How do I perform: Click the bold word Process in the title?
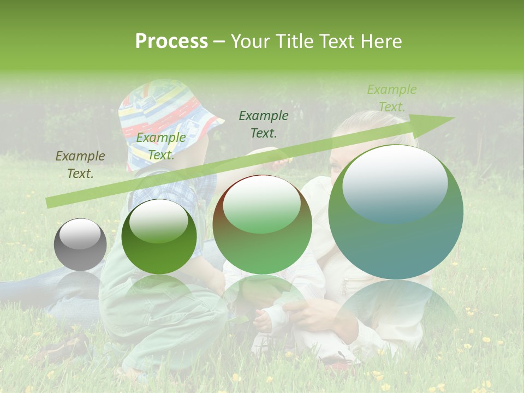coord(171,41)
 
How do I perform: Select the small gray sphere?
coord(80,245)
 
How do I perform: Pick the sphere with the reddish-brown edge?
coord(262,224)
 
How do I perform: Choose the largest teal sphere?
coord(396,212)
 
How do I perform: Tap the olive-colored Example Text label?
coord(80,165)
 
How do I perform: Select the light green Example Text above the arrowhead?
coord(391,98)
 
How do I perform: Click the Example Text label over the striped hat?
coord(160,146)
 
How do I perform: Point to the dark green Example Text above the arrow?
coord(264,124)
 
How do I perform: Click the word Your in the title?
coord(250,41)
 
